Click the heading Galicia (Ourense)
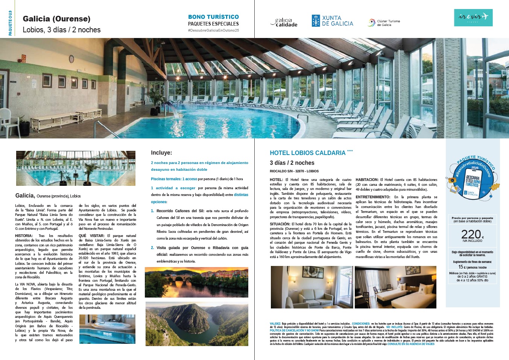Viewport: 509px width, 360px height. tap(56, 19)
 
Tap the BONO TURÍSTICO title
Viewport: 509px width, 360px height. tap(213, 17)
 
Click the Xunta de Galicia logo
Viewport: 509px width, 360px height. tap(332, 21)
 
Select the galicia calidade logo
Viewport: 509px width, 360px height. tap(284, 23)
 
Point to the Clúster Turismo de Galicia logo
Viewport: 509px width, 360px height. tap(384, 23)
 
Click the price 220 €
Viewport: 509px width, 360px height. tap(472, 235)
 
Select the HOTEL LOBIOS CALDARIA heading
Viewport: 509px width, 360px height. tap(307, 153)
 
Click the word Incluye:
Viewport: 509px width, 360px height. tap(161, 153)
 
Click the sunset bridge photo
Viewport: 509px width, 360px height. tap(196, 282)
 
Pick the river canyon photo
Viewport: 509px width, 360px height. tap(196, 324)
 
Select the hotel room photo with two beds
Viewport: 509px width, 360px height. tap(395, 287)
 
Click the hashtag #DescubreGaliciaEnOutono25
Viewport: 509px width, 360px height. tap(213, 30)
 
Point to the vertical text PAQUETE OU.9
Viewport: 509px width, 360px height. tap(10, 23)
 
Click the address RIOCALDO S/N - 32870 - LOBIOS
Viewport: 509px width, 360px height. tap(294, 171)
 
